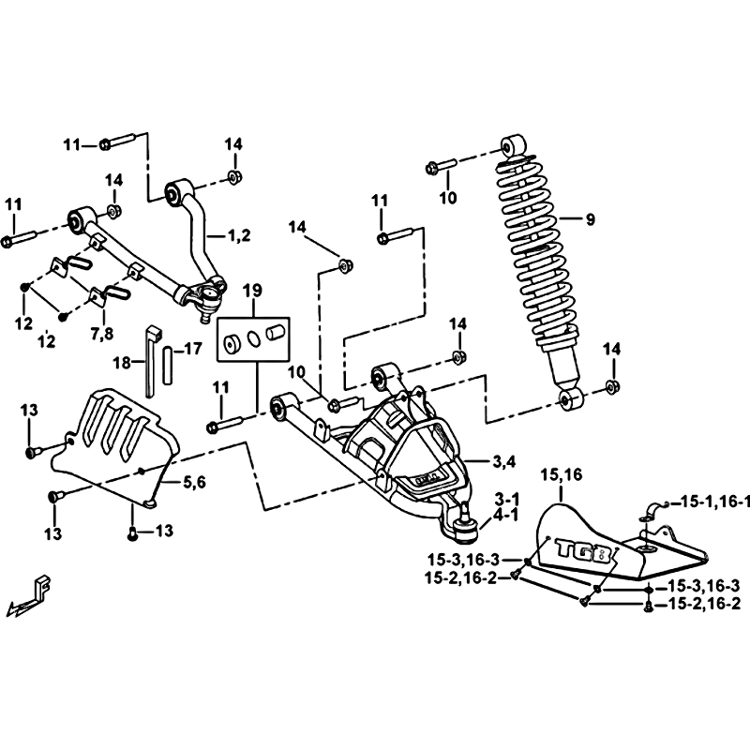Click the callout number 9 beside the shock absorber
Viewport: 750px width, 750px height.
coord(591,219)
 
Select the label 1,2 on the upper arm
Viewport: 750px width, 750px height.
coord(240,235)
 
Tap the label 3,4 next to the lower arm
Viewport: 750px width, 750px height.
coord(504,461)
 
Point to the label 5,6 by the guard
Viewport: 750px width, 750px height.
coord(195,482)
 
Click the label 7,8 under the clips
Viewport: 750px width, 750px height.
coord(102,333)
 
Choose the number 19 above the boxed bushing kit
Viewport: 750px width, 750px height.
coord(252,291)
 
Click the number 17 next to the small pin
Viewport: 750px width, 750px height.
coord(193,349)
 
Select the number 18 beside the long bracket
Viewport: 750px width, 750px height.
coord(122,363)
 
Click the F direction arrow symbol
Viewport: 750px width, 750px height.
coord(29,596)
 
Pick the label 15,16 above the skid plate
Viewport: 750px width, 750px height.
coord(562,475)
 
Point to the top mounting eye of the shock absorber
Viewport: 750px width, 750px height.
coord(513,146)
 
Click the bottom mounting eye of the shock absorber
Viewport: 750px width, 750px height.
coord(571,399)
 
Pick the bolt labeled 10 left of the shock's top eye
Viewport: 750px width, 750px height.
coord(441,167)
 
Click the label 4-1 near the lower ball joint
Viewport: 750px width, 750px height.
coord(506,517)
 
